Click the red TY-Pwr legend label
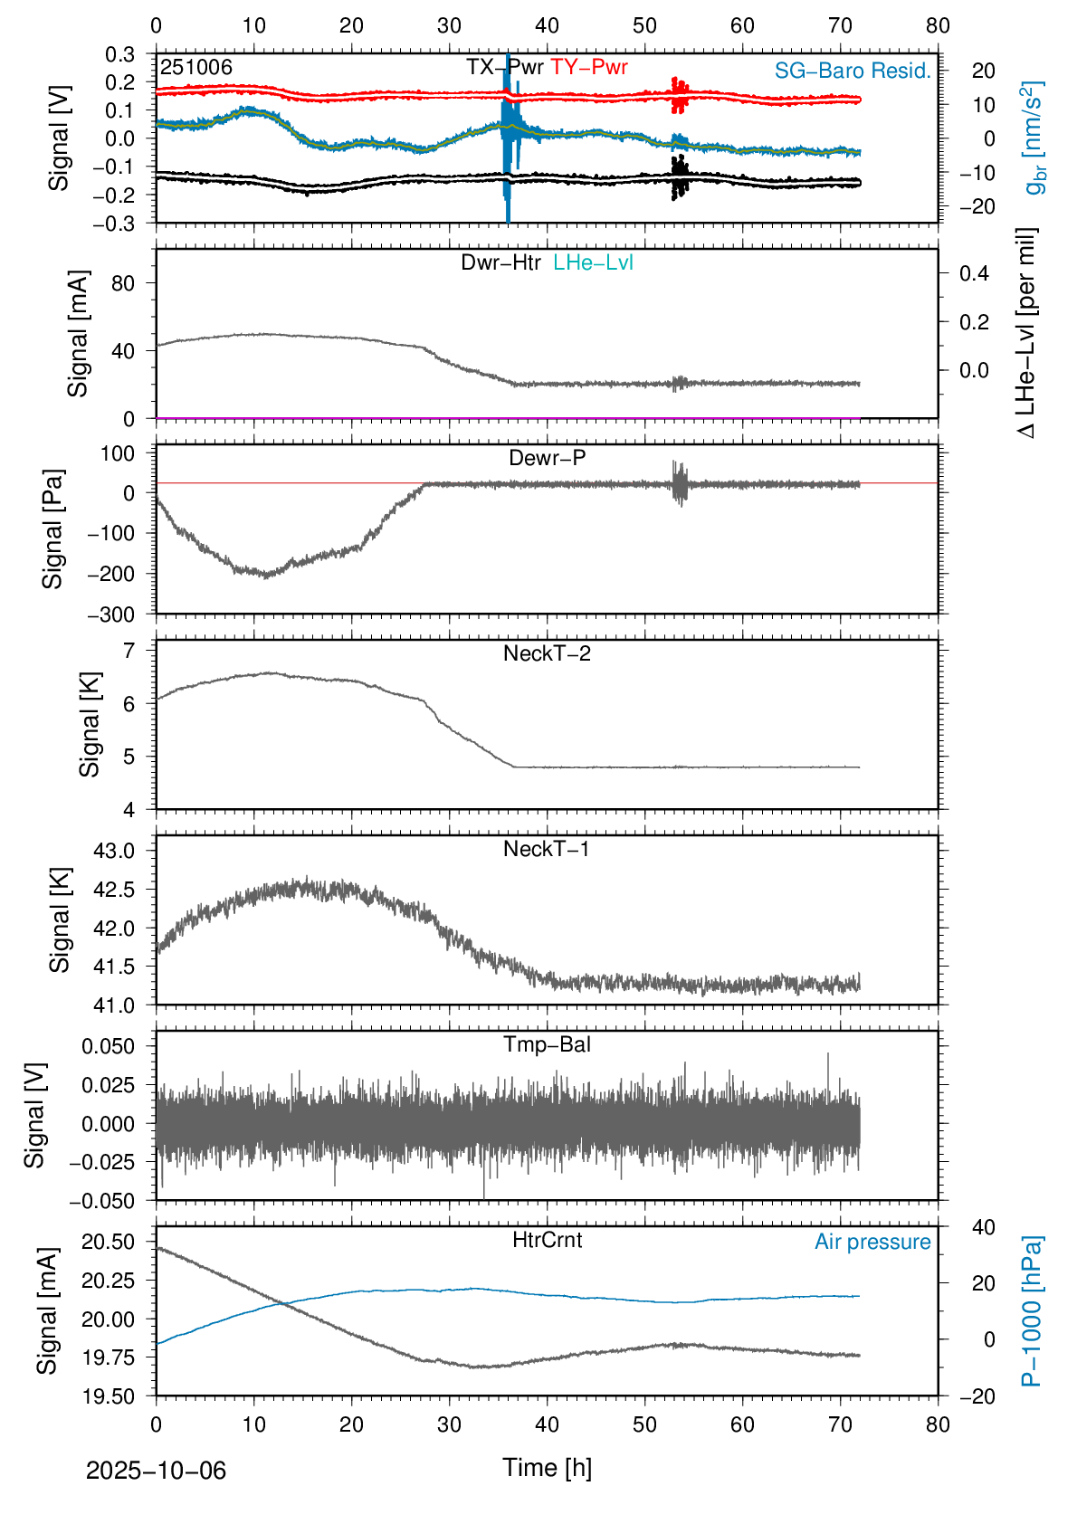click(x=588, y=67)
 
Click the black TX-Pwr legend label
click(x=505, y=67)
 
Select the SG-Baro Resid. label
click(x=853, y=71)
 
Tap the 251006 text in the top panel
click(x=196, y=68)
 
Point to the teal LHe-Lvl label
click(x=593, y=262)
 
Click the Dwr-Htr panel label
click(x=500, y=262)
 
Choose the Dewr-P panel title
click(x=547, y=458)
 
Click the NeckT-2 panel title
click(x=547, y=653)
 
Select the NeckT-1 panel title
click(x=547, y=849)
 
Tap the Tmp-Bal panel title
click(x=547, y=1044)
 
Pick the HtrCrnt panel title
click(x=547, y=1240)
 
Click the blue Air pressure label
click(x=872, y=1242)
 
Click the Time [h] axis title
click(x=547, y=1468)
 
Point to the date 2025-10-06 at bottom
click(x=156, y=1471)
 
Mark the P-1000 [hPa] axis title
click(x=1032, y=1310)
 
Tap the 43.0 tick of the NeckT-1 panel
click(x=114, y=851)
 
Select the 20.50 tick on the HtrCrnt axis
click(x=109, y=1242)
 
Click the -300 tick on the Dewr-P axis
click(x=111, y=614)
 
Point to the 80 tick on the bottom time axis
click(x=938, y=1424)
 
